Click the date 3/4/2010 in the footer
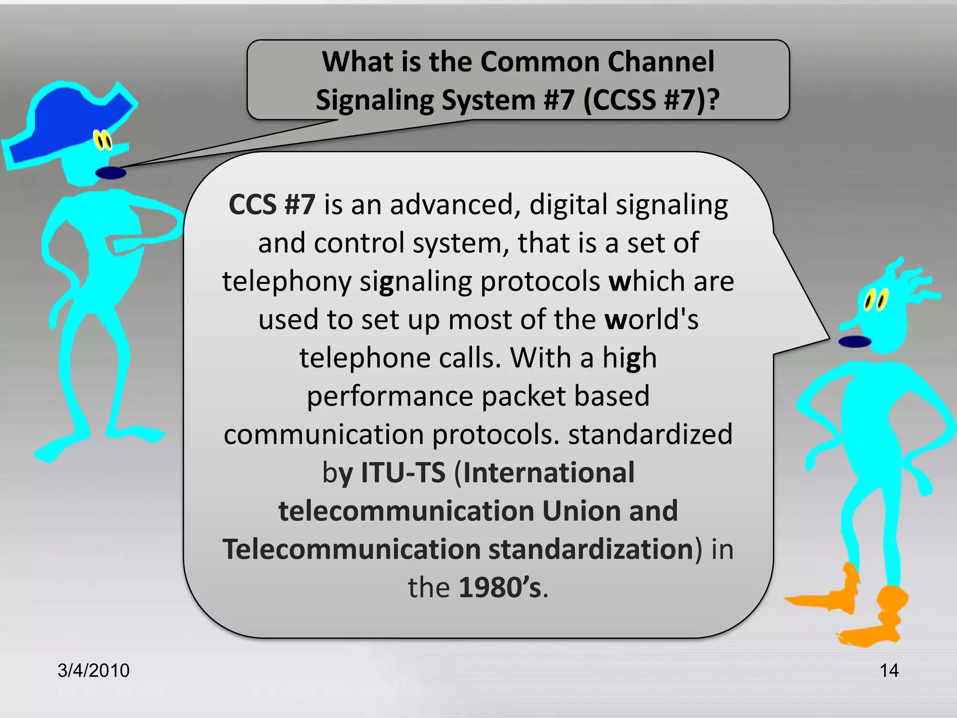pos(93,670)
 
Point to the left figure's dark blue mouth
pos(111,173)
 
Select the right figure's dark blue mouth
pos(855,342)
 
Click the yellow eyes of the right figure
pos(875,300)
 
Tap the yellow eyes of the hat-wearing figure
pos(103,140)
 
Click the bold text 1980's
pos(500,588)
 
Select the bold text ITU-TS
pos(403,473)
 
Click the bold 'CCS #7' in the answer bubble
pos(272,205)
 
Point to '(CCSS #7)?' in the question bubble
pos(651,100)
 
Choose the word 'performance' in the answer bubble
pos(390,396)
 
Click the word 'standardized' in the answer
pos(650,434)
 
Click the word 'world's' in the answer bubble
pos(651,320)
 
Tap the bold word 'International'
pos(549,473)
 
